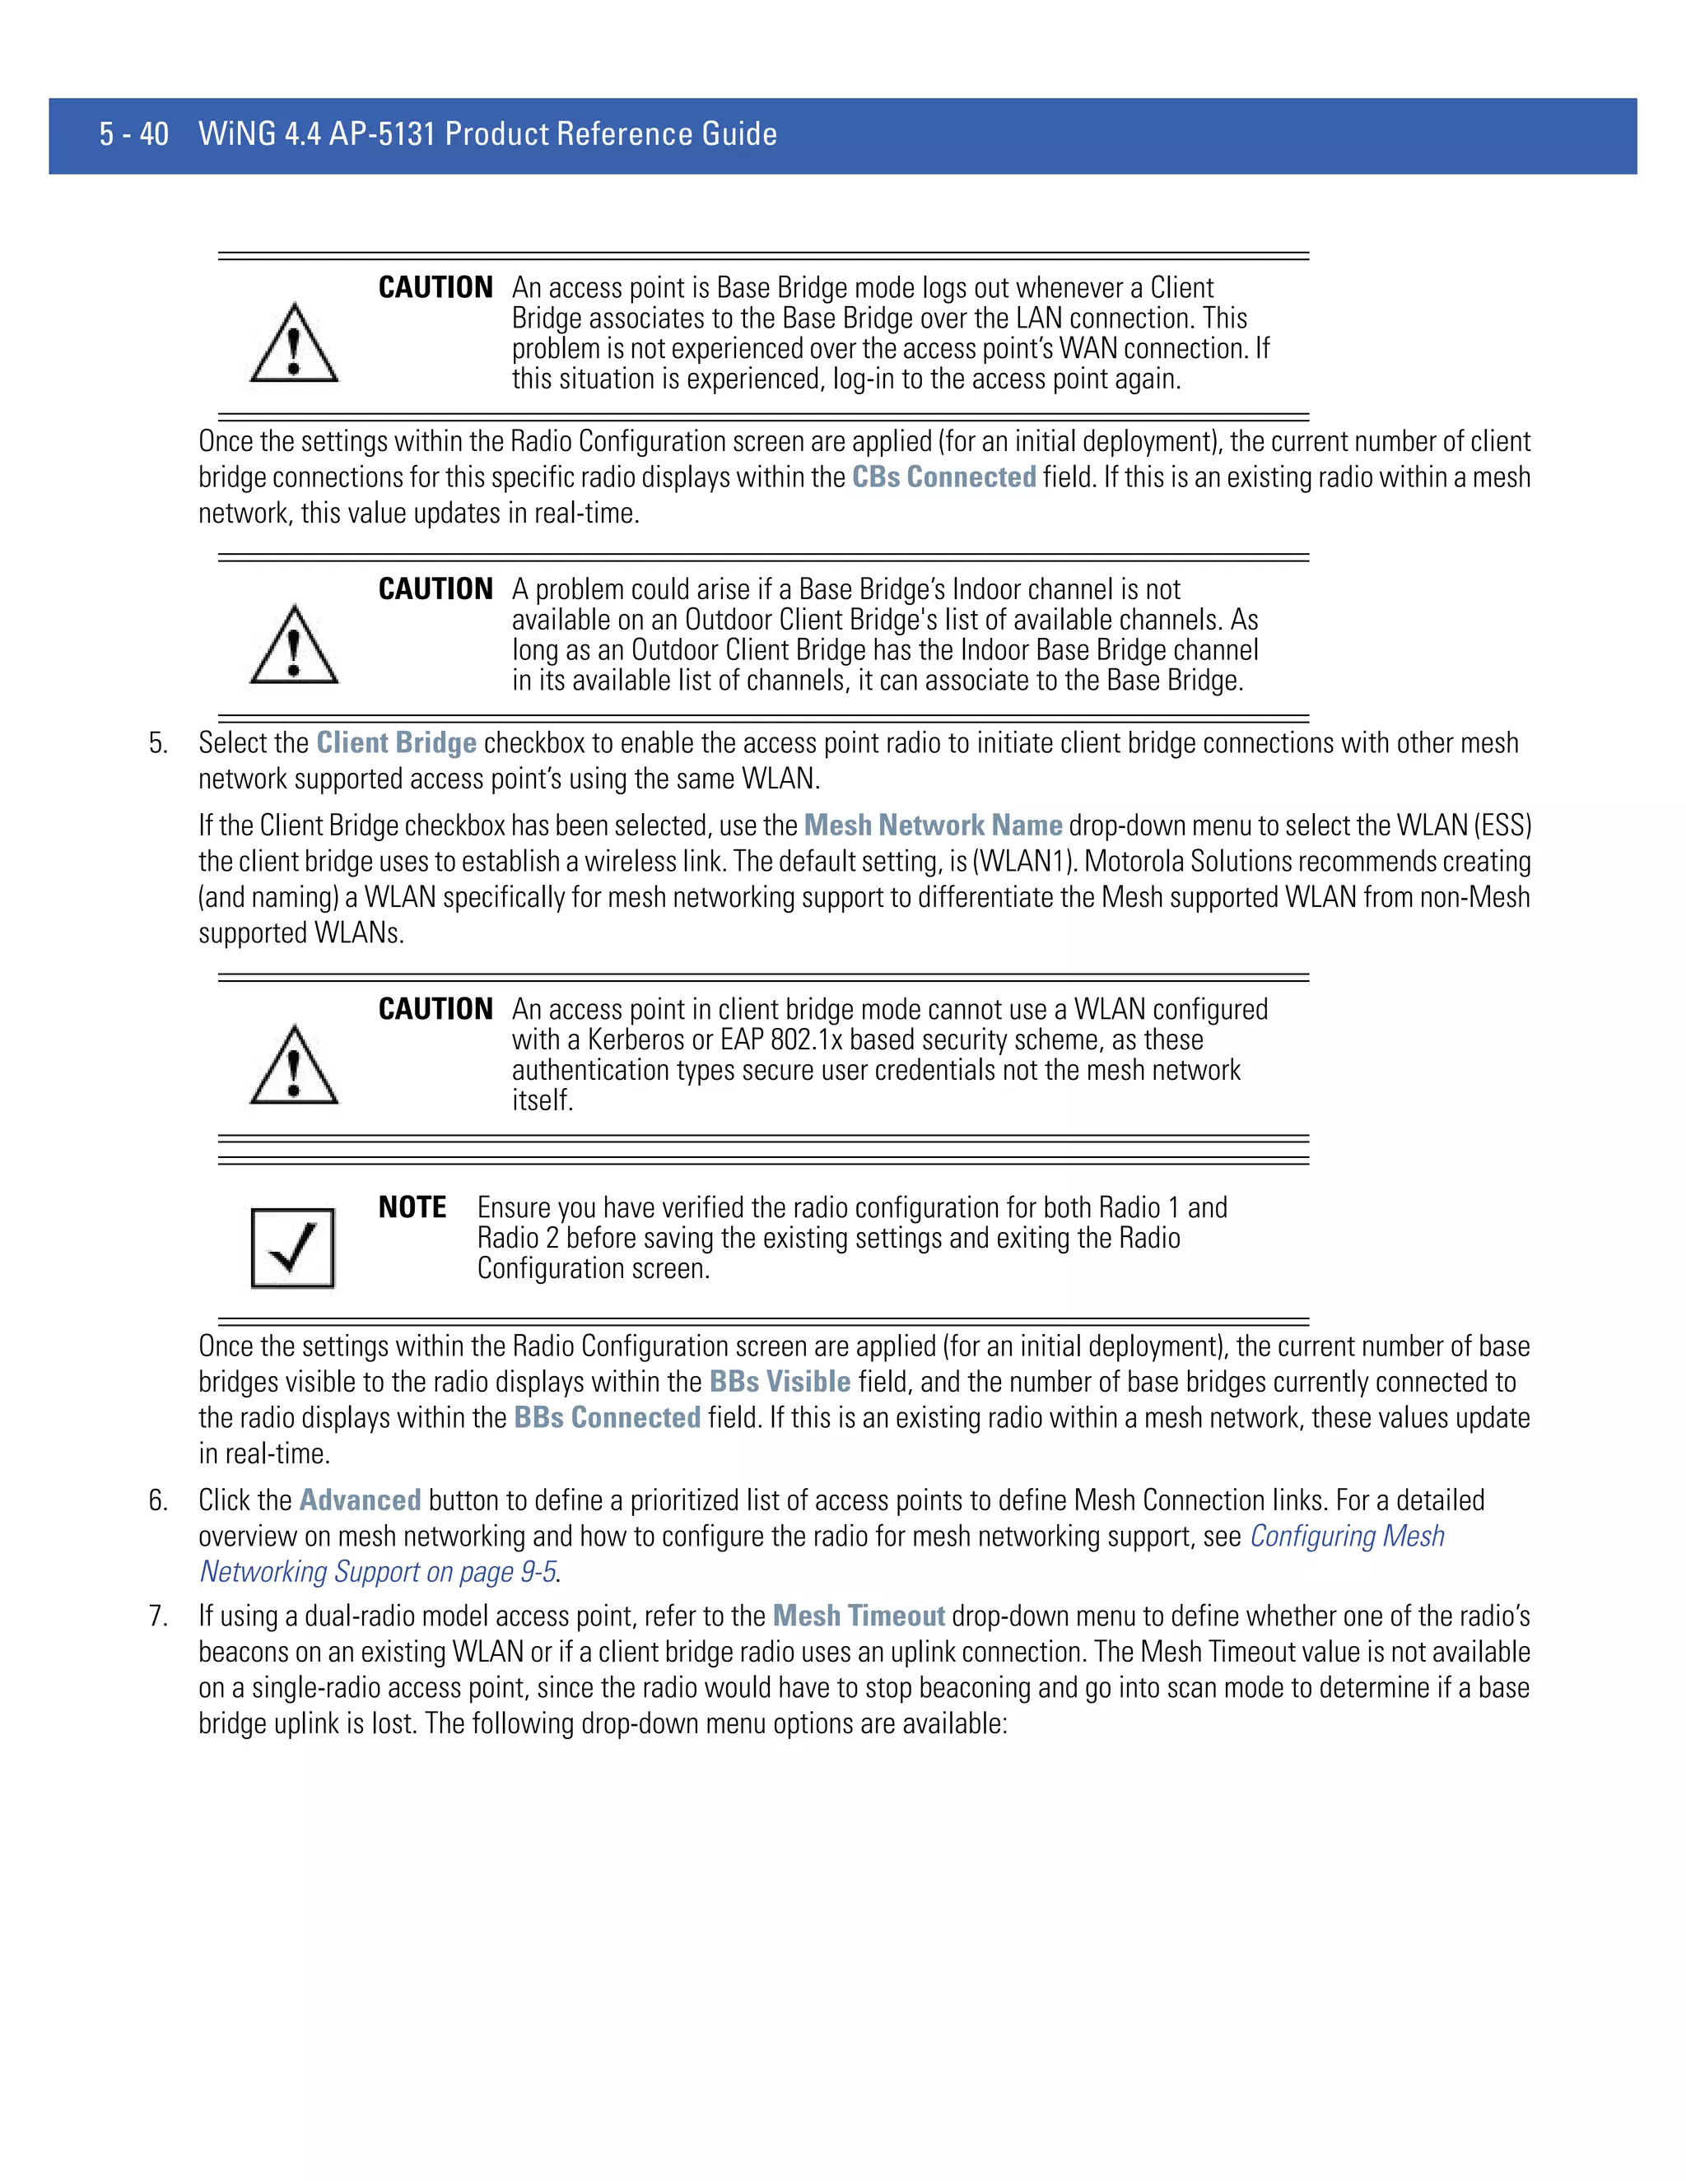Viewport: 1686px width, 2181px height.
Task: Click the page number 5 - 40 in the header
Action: tap(134, 134)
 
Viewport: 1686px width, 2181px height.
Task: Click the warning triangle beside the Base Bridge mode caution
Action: tap(294, 345)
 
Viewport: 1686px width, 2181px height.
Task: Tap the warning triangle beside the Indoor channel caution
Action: tap(294, 646)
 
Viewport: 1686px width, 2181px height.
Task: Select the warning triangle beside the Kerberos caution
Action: tap(294, 1067)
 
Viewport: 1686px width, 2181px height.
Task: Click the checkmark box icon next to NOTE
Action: tap(292, 1249)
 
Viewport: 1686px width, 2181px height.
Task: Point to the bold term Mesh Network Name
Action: tap(933, 825)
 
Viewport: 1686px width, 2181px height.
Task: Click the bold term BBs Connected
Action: tap(608, 1418)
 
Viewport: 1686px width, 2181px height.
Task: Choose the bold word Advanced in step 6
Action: tap(360, 1500)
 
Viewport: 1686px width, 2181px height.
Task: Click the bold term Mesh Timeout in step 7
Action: tap(858, 1616)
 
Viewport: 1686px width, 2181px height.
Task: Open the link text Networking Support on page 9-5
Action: tap(379, 1572)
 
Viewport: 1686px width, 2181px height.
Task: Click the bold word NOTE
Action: tap(412, 1208)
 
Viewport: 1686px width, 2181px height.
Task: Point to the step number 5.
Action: tap(158, 743)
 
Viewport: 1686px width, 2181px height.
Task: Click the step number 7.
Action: tap(158, 1616)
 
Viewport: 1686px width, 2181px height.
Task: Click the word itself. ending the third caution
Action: tap(543, 1100)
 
